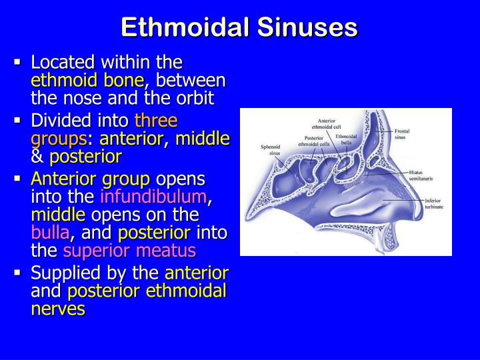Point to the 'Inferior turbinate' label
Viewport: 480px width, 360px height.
point(434,203)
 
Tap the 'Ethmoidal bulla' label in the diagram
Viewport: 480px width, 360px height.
point(351,139)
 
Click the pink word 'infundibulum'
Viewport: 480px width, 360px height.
point(154,197)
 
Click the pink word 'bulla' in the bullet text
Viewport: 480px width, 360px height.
point(50,233)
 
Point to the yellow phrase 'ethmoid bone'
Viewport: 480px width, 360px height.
point(87,81)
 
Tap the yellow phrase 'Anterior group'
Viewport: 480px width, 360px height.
point(91,179)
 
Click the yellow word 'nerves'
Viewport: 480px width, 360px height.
point(58,309)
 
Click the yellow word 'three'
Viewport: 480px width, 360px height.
point(156,121)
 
